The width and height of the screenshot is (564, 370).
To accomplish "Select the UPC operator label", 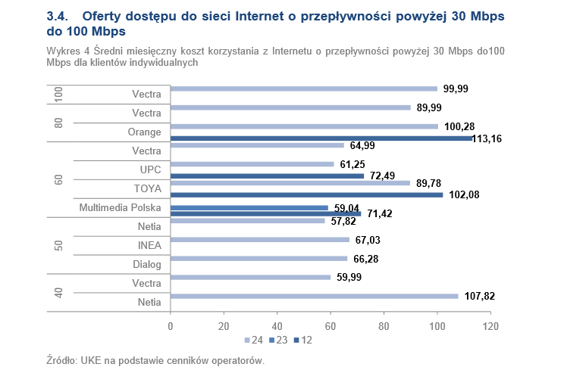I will tap(150, 169).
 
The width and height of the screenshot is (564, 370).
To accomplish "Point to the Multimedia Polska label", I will tap(122, 207).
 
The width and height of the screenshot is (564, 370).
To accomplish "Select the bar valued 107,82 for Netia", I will tap(315, 297).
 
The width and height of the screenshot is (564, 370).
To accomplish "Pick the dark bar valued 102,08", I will tap(306, 195).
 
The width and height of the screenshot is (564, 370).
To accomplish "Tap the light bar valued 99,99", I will tap(304, 89).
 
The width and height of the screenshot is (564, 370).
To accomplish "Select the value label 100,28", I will tap(460, 126).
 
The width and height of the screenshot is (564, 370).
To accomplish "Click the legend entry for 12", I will tap(303, 340).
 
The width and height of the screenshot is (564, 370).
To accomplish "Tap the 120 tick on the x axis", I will tap(490, 326).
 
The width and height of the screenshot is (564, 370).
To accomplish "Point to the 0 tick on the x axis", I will tap(171, 326).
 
